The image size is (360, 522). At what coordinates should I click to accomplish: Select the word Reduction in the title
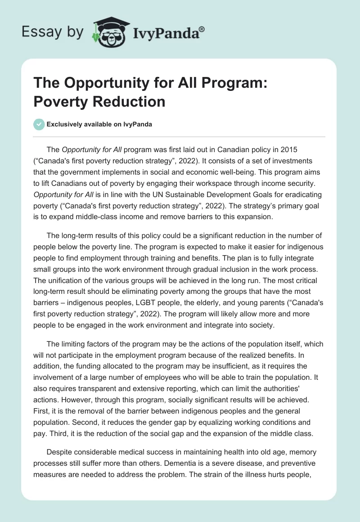pos(129,101)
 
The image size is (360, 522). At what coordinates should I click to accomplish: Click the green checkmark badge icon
pos(39,124)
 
